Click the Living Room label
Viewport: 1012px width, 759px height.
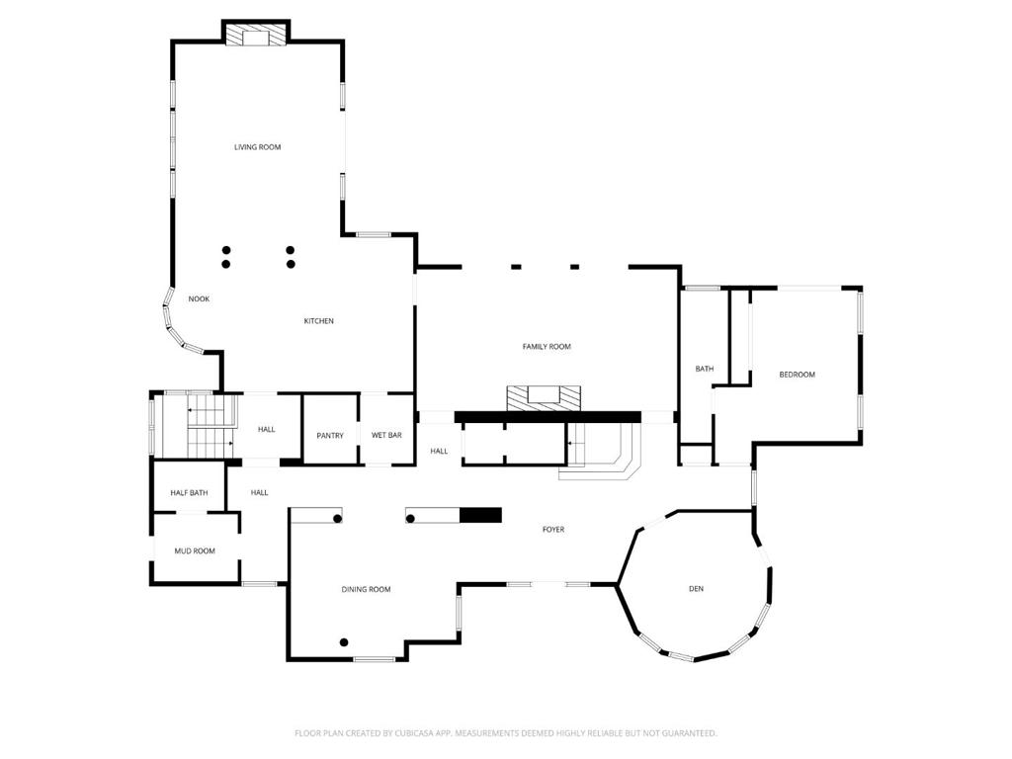pos(257,147)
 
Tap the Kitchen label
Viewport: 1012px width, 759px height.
pos(318,321)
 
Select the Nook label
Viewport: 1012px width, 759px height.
pos(199,298)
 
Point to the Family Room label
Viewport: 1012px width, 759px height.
pos(547,347)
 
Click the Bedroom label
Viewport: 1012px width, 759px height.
pos(797,375)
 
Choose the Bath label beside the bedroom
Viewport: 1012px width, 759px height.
pos(704,369)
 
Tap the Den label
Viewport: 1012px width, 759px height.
pos(696,589)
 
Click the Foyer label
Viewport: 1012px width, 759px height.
pos(553,530)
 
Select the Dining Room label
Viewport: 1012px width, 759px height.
pos(366,589)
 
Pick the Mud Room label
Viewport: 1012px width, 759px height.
pos(195,551)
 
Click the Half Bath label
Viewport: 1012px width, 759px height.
pos(189,493)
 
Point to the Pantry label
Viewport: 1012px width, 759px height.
pos(330,436)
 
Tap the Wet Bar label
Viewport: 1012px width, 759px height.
pos(386,436)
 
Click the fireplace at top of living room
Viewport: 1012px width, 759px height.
pos(256,36)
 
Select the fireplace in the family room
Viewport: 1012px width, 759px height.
pos(543,397)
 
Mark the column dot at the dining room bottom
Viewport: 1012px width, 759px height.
pos(344,642)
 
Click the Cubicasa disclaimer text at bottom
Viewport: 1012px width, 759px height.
pos(505,733)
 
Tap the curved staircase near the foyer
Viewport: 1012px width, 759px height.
pos(603,452)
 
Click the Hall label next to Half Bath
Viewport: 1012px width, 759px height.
pos(259,493)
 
